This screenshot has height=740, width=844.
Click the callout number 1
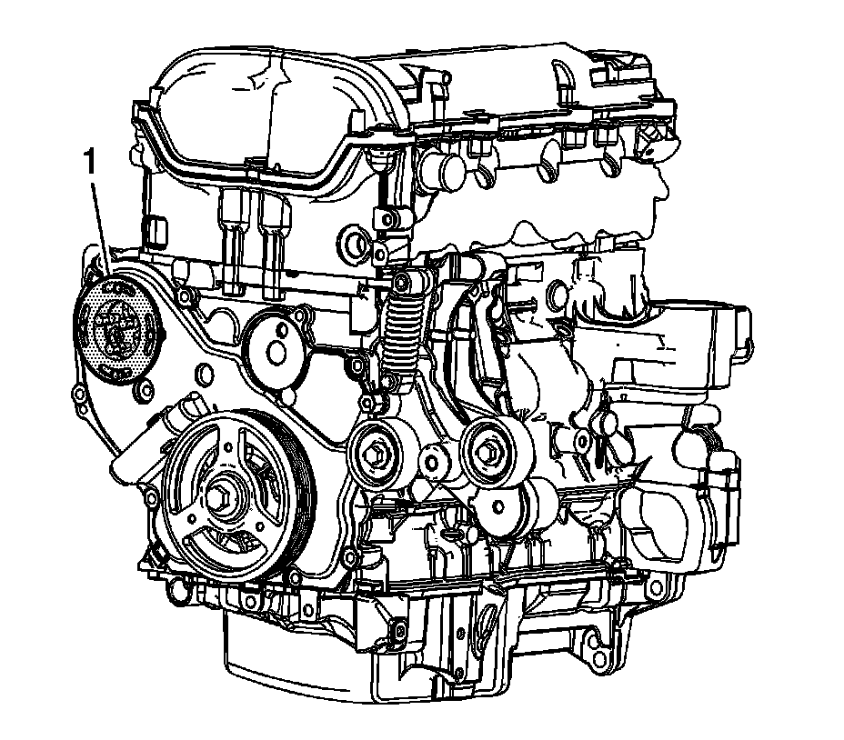tap(89, 163)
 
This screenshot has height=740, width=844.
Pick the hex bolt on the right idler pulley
tap(488, 450)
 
